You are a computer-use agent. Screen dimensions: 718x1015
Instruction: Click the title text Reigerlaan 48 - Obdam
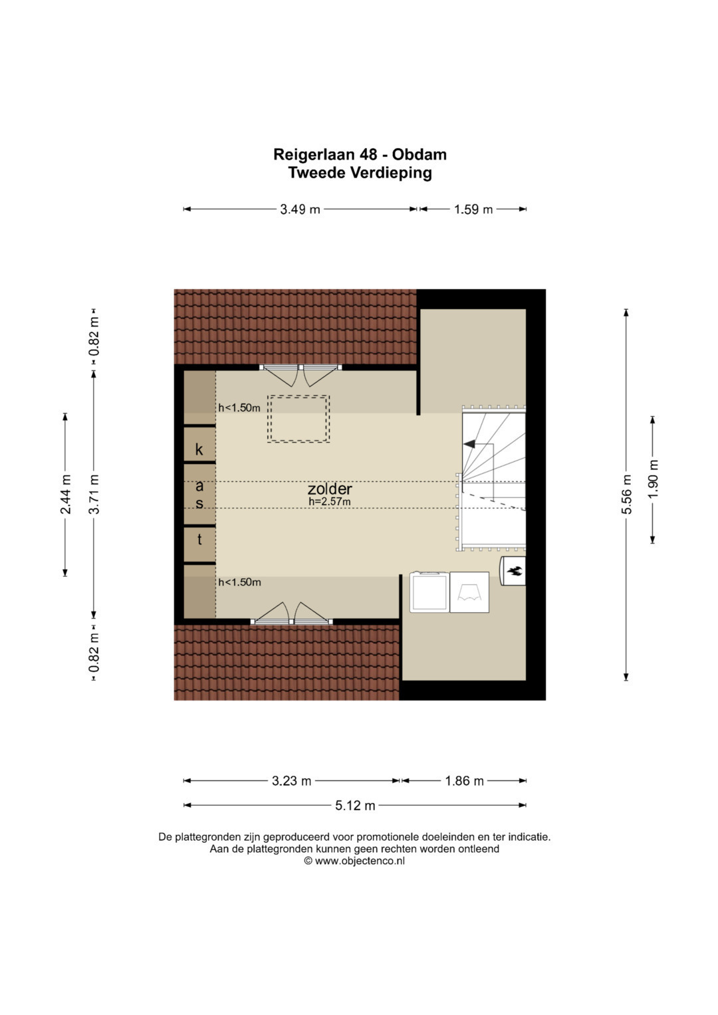360,154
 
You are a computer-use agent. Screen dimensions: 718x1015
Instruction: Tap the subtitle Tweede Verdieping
360,173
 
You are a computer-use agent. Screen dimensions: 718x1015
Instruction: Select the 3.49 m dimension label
300,209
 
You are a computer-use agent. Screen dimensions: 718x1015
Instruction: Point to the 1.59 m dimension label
473,209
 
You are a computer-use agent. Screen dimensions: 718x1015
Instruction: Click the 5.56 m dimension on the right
626,495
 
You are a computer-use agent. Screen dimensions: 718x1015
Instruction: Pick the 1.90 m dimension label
653,479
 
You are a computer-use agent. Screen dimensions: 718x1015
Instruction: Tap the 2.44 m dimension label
65,495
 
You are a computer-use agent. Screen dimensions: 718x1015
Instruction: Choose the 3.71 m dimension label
94,495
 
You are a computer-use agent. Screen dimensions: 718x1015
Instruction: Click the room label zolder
330,489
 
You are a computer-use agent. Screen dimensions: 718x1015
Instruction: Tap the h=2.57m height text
330,502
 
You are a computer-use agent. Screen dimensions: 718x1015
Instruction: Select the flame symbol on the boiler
515,571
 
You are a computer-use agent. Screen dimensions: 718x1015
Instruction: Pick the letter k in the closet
199,449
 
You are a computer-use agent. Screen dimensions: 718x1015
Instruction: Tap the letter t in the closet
199,539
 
